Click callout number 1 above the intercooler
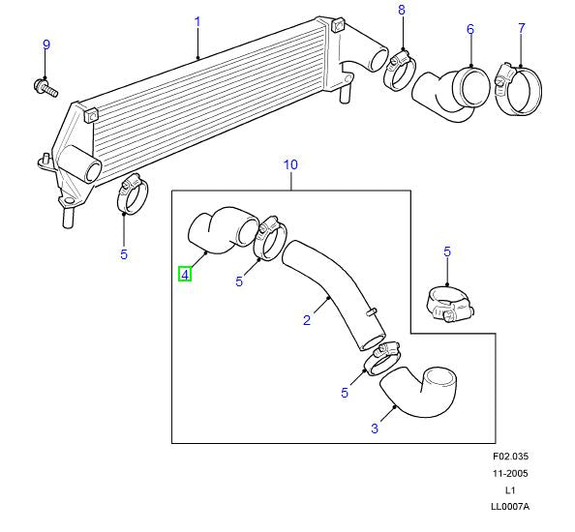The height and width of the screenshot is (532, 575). pyautogui.click(x=197, y=20)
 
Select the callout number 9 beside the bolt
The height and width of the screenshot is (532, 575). pyautogui.click(x=45, y=44)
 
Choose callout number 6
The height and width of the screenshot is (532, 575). pyautogui.click(x=470, y=29)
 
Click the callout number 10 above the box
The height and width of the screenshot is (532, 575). pyautogui.click(x=290, y=164)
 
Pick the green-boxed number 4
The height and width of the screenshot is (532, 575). pyautogui.click(x=184, y=275)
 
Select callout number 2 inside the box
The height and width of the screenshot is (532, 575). pyautogui.click(x=307, y=320)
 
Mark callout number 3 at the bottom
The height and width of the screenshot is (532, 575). pyautogui.click(x=375, y=427)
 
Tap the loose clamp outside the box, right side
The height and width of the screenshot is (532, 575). pyautogui.click(x=448, y=305)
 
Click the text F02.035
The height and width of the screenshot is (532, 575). pyautogui.click(x=510, y=457)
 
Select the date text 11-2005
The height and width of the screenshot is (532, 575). pyautogui.click(x=510, y=474)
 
